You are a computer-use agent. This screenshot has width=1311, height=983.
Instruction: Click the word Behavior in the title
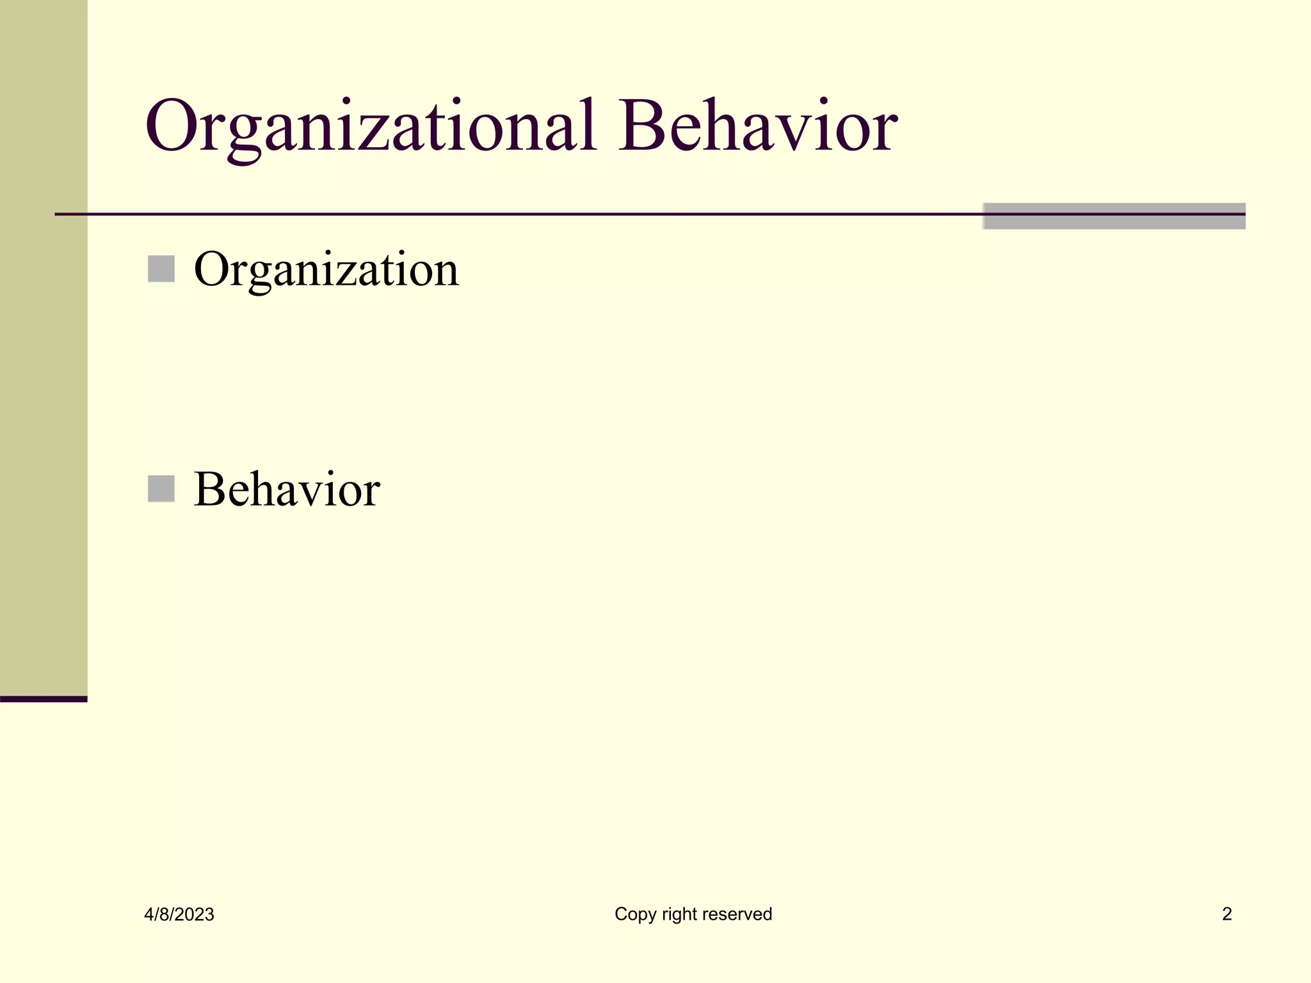tap(758, 126)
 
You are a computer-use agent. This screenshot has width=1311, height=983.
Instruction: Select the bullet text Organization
tap(326, 269)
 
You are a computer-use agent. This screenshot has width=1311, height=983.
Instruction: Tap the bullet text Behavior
tap(287, 490)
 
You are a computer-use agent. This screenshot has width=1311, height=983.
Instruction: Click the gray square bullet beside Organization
tap(161, 269)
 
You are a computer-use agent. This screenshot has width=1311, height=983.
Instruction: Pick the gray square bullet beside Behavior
tap(161, 489)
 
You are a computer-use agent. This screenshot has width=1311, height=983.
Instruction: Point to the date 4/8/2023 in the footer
tap(179, 915)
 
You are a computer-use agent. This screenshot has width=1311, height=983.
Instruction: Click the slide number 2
tap(1227, 914)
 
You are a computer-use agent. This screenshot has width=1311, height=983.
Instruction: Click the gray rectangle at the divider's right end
tap(1114, 216)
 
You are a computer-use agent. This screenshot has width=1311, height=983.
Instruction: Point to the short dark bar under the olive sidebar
tap(44, 699)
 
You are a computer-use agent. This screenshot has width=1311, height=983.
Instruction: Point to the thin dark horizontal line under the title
tap(512, 214)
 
